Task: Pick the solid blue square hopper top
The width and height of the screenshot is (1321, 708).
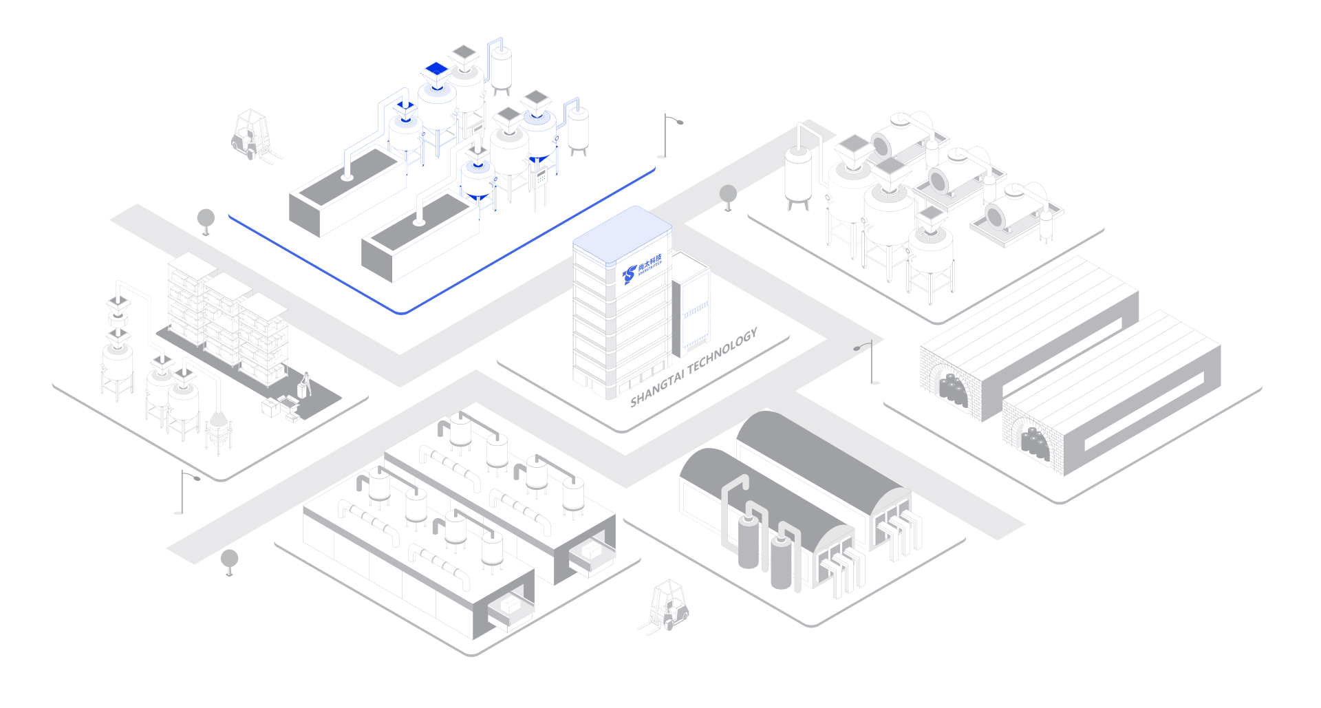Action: [436, 68]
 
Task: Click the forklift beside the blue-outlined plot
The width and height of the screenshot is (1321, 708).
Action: [250, 134]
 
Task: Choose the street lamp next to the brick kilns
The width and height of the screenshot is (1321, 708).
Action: [868, 361]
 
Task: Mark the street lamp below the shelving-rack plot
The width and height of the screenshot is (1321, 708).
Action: [184, 491]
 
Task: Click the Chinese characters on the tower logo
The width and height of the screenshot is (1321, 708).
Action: [649, 261]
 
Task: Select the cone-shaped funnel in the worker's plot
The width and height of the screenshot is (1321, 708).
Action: [218, 419]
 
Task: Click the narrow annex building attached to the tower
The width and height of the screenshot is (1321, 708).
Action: [691, 303]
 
